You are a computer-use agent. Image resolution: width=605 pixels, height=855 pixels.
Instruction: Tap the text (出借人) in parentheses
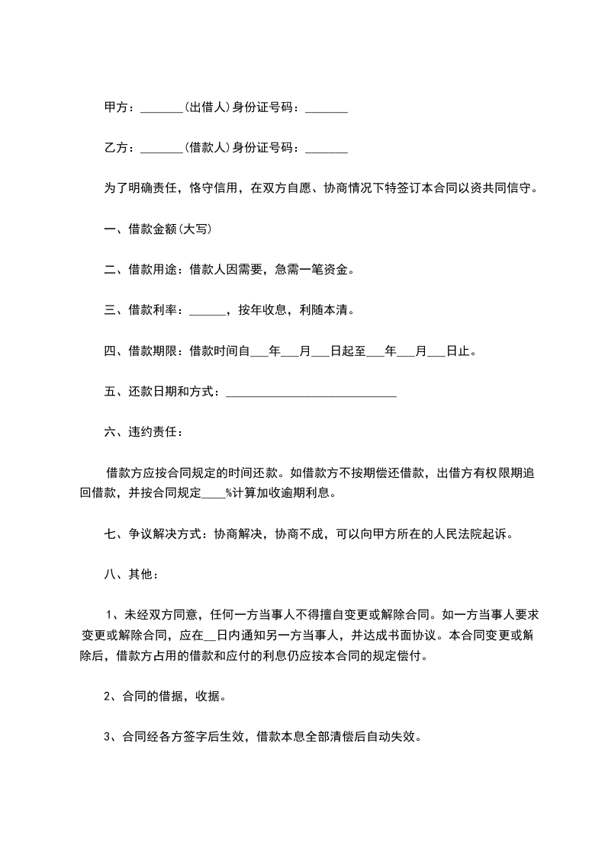(x=207, y=108)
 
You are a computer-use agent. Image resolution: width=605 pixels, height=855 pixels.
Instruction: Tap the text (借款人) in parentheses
(x=207, y=147)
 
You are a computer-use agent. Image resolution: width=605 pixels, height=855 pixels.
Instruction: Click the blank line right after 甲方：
(x=162, y=110)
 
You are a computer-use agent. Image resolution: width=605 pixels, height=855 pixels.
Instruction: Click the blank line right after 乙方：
(x=162, y=149)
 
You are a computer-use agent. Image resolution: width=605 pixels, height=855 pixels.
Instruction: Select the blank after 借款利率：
(x=207, y=312)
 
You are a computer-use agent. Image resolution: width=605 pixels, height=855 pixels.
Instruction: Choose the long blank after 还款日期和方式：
(x=311, y=394)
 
